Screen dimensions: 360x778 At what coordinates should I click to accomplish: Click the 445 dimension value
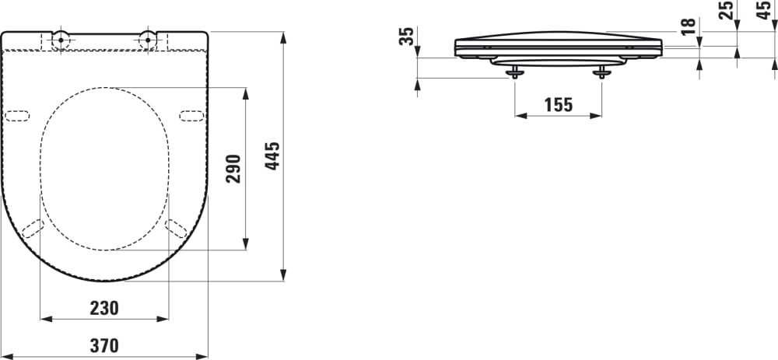(273, 158)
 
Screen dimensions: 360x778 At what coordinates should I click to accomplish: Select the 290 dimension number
(234, 168)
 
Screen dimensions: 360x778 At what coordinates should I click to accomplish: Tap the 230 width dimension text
(104, 308)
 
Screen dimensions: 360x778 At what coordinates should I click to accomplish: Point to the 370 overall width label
(104, 346)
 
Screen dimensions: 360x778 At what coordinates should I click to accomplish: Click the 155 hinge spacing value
(558, 104)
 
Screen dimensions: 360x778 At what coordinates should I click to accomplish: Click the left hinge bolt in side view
(515, 72)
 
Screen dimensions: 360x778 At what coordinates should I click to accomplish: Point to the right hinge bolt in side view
(601, 72)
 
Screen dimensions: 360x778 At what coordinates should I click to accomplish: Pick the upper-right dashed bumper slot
(192, 116)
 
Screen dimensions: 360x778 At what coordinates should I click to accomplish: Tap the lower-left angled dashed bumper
(33, 228)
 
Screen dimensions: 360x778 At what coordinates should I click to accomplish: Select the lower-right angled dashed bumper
(176, 228)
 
